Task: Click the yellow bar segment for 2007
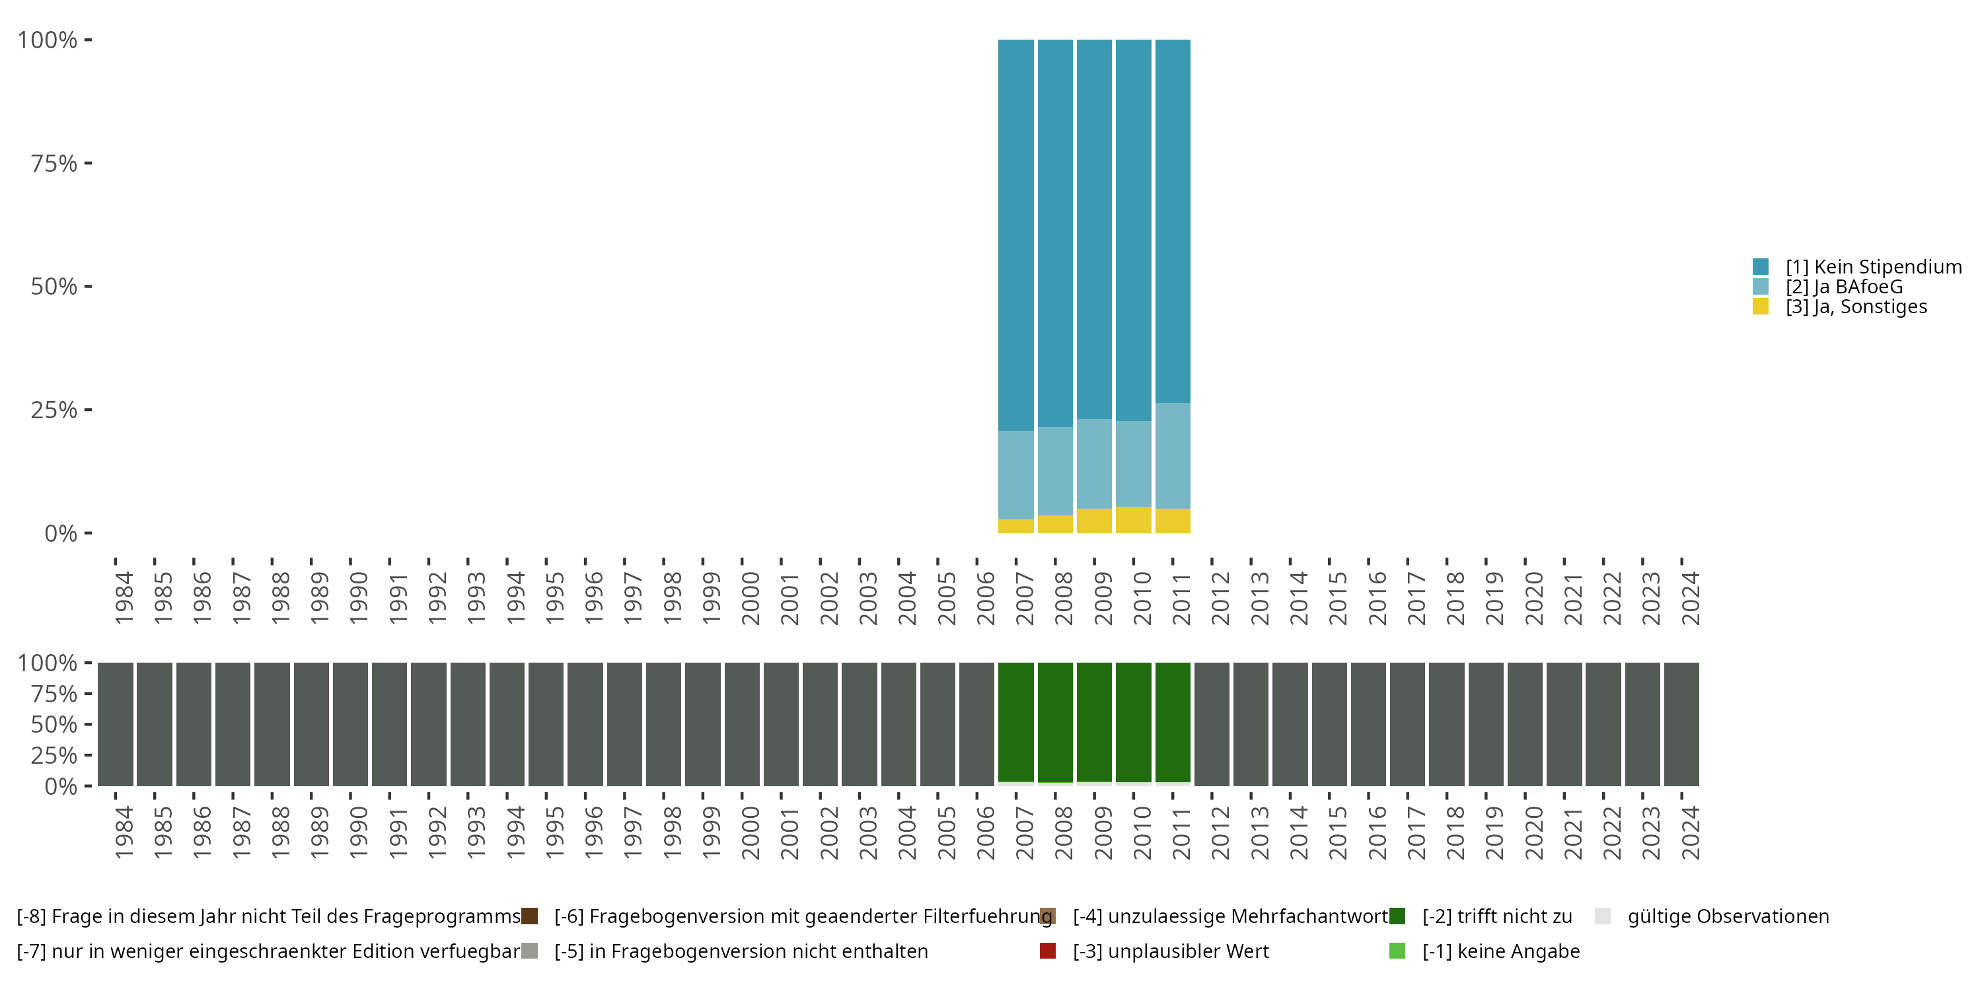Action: click(1015, 527)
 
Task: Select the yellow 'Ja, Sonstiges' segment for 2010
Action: click(1133, 520)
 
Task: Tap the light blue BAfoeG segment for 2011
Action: click(1173, 455)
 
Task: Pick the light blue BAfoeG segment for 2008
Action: click(1055, 471)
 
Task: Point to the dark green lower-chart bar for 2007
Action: click(1015, 721)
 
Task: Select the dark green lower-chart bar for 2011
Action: click(1173, 721)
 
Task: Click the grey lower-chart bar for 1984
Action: click(116, 724)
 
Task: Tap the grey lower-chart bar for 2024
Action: click(1681, 724)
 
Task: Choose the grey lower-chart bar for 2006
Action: click(976, 724)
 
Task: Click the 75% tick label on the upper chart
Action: click(54, 163)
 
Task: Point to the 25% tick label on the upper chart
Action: click(54, 410)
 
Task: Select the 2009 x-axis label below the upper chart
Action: click(1103, 599)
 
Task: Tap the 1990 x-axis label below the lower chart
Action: click(359, 833)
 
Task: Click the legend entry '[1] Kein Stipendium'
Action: click(1873, 267)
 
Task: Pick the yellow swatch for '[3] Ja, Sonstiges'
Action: click(1761, 307)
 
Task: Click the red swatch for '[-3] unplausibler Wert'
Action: click(1047, 951)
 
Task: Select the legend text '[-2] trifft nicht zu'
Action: click(1496, 916)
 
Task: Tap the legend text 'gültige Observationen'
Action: click(1728, 916)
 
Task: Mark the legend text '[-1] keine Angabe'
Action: click(1500, 951)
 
